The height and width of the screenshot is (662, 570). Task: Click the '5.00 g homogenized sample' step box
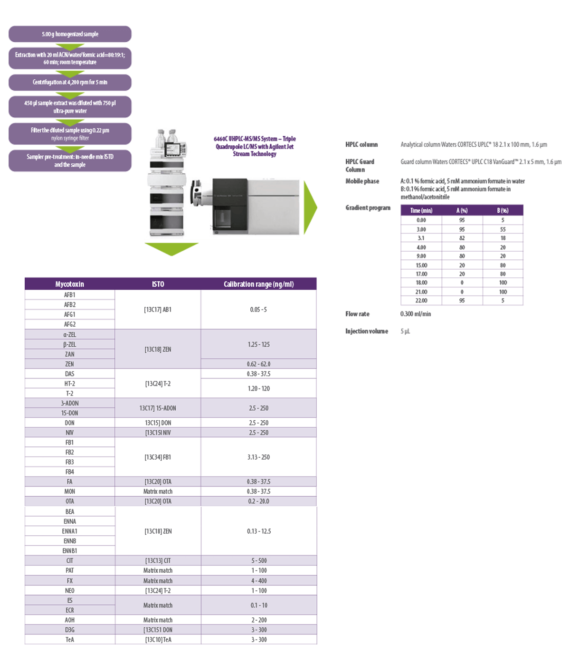70,34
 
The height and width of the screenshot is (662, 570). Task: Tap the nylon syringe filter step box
70,134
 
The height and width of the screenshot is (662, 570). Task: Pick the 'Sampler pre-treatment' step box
70,161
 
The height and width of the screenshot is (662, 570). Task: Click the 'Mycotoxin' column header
69,284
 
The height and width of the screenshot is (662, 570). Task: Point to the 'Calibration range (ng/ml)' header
258,284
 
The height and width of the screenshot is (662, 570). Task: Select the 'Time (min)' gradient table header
421,210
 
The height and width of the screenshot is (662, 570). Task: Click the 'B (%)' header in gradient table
503,210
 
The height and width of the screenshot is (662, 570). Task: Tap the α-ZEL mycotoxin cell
69,334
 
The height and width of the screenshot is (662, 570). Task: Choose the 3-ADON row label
69,403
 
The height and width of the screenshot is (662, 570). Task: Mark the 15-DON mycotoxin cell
69,413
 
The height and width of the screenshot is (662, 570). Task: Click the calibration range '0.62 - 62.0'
258,364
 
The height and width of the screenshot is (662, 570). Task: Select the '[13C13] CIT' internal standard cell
158,561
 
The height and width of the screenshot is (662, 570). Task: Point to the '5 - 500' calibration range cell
258,561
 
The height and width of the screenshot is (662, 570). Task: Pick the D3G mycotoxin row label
69,630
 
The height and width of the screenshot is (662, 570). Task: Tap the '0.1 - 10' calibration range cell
258,605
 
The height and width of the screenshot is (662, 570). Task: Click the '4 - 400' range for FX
258,581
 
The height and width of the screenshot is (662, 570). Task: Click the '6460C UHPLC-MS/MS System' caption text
255,146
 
